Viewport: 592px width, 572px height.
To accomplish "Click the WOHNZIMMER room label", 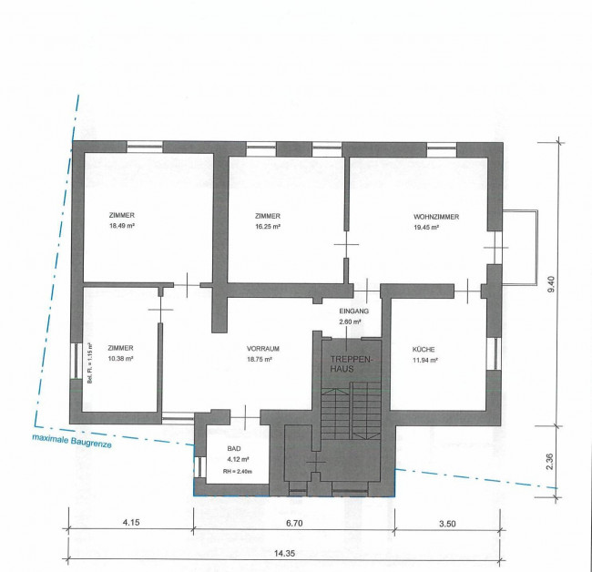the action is pos(436,217).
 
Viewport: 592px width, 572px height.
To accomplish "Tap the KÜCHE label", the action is pos(424,349).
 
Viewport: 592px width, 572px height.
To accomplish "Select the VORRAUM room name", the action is pos(263,349).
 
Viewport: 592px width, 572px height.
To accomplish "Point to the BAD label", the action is pos(234,448).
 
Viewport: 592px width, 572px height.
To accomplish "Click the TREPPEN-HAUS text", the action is pos(352,363).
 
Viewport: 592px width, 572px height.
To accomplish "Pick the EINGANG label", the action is pos(354,312).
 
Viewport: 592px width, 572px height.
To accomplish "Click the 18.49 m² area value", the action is pos(122,226).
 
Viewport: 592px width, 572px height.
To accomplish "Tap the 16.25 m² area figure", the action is pos(268,227).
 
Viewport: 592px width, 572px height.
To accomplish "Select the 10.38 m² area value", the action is pos(121,358).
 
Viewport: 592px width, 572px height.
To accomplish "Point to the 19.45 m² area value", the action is pos(426,228).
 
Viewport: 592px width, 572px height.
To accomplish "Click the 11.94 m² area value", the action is pos(424,360).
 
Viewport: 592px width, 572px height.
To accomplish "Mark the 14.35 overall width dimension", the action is pos(284,554).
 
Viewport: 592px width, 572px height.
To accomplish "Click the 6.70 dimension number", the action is pos(294,524).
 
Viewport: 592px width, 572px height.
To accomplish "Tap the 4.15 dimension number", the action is pos(131,523).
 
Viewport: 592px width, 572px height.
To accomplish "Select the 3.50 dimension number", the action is pos(447,524).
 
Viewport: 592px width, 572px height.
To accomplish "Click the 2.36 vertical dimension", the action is pos(550,461).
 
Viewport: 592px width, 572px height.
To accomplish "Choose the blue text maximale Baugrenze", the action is pos(72,441).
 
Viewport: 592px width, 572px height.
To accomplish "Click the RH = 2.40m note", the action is pos(238,471).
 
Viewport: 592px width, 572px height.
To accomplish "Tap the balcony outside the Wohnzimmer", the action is pos(519,248).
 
